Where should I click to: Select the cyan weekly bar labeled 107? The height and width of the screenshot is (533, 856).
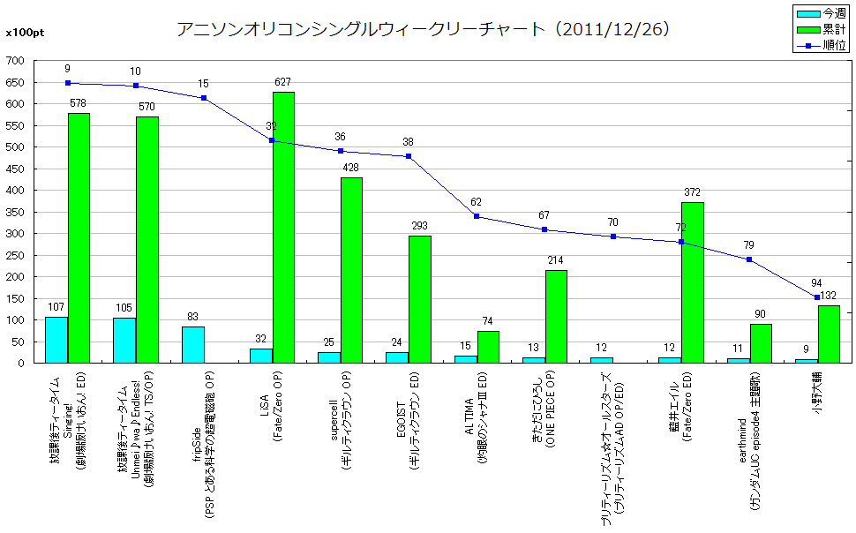point(56,340)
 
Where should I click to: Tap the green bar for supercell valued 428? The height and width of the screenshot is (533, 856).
point(351,270)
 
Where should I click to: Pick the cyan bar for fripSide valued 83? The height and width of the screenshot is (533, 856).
point(192,345)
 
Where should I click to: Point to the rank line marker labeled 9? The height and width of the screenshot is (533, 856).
point(68,83)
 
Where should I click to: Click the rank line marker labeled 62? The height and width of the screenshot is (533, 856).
point(477,216)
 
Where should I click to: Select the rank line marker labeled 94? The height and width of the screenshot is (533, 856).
point(817,297)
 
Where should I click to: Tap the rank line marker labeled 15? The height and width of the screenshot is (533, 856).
point(204,98)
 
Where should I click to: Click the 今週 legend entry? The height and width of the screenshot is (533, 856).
point(821,13)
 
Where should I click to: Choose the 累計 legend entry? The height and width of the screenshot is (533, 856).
point(821,29)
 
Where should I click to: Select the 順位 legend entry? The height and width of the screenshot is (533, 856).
point(821,45)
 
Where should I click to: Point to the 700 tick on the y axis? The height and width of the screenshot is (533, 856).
point(15,61)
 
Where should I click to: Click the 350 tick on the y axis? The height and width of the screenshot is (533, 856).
point(15,212)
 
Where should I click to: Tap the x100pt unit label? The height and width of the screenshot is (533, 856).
point(20,33)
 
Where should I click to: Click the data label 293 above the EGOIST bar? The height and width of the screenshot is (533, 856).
point(419,226)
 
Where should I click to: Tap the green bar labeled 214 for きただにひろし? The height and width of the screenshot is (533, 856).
point(556,317)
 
